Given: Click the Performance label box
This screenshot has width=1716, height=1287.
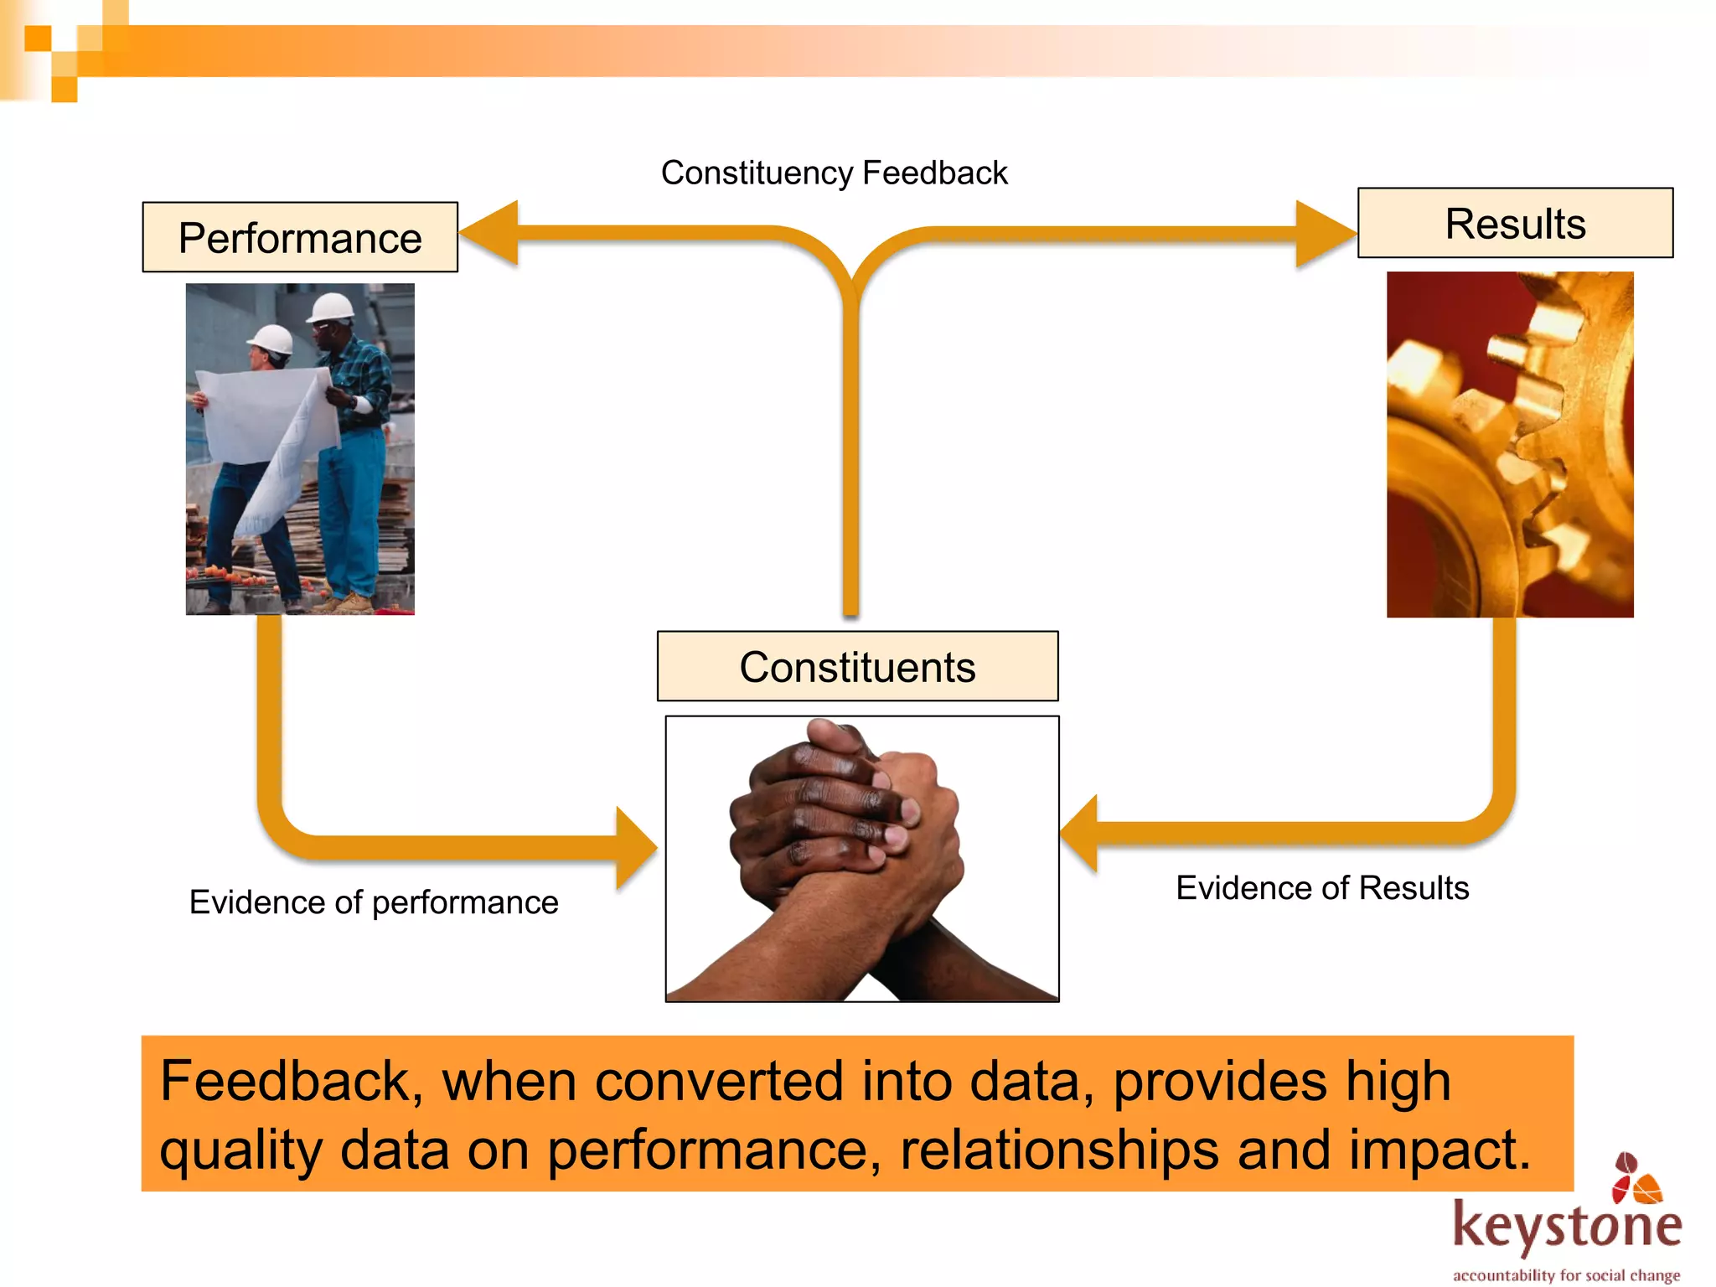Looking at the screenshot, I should coord(300,237).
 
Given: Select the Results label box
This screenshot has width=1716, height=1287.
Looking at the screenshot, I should coord(1515,223).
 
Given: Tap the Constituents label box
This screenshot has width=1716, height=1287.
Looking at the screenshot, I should coord(857,666).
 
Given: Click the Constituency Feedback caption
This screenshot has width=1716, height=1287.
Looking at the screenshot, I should coord(834,173).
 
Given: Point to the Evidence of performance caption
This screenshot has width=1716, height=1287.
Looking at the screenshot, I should coord(374,902).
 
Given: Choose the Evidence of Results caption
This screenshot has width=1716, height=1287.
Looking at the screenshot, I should coord(1322,887).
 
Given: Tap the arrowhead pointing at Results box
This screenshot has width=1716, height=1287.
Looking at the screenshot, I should coord(1324,234).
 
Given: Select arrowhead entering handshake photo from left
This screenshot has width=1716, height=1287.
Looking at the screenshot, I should coord(634,848).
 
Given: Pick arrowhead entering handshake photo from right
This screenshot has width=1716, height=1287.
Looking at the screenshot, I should coord(1081,834).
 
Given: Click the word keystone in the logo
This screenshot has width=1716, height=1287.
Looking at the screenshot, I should coord(1567,1226).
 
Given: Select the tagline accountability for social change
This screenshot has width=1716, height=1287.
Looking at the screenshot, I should coord(1566,1274).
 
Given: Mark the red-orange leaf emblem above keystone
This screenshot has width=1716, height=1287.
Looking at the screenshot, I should coord(1636,1177).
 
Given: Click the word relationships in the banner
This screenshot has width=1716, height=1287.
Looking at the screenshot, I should coord(1059,1150).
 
